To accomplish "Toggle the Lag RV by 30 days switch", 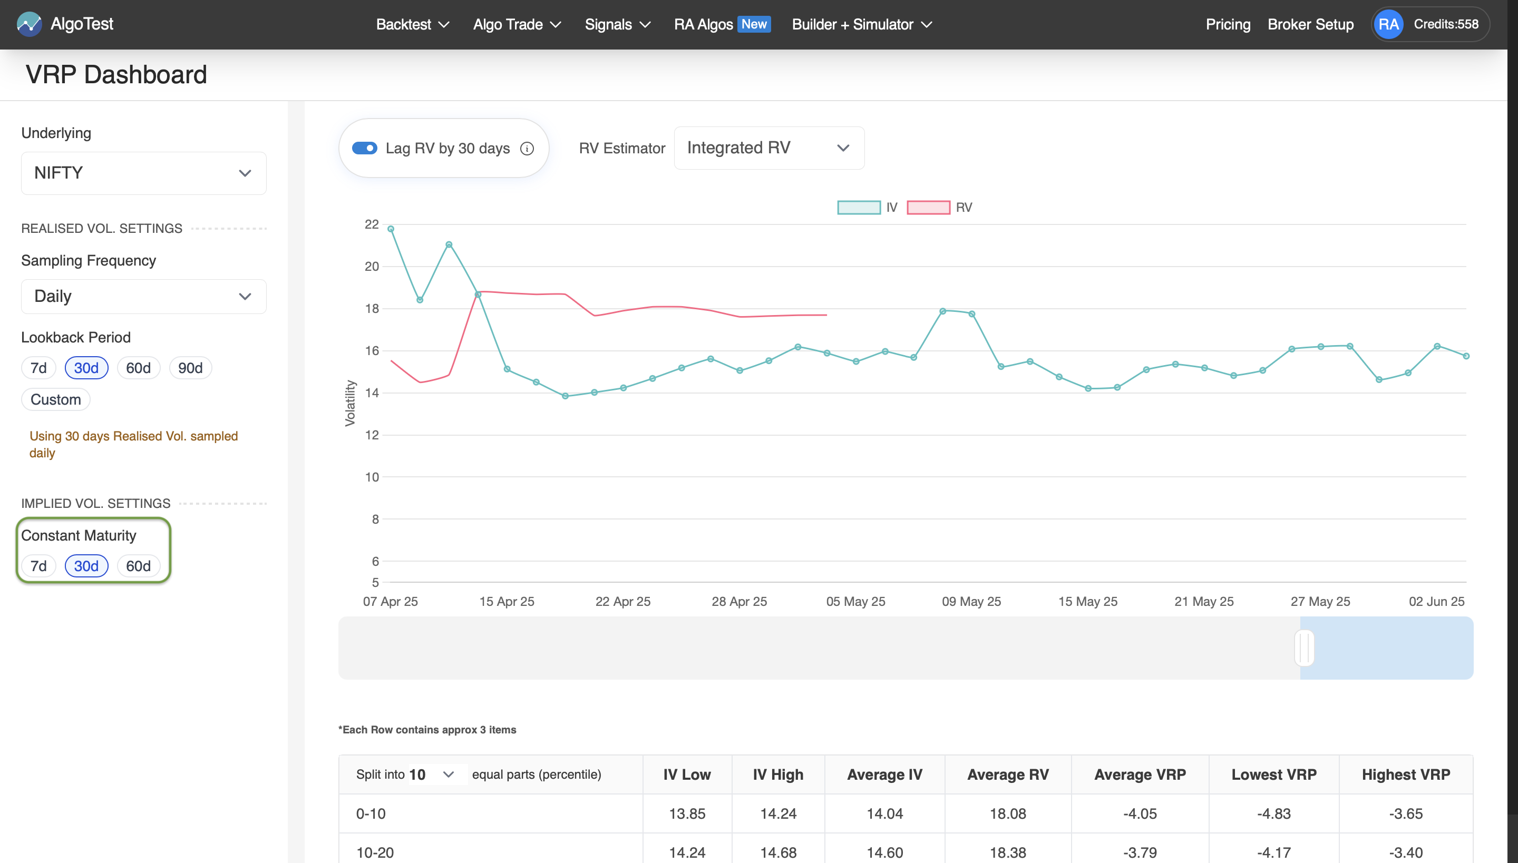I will (x=364, y=148).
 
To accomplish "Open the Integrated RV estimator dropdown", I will (x=768, y=148).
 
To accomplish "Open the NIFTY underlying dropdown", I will (x=143, y=173).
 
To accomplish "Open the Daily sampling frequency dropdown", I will (x=143, y=296).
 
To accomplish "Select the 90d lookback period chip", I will (x=190, y=368).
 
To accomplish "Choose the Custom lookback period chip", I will (x=56, y=399).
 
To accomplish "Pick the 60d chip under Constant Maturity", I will (x=138, y=566).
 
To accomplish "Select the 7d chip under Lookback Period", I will (x=38, y=368).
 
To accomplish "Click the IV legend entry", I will (x=867, y=208).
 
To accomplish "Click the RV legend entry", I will (x=939, y=208).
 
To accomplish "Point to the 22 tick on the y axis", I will (x=372, y=224).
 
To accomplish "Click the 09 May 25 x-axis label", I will (x=971, y=602).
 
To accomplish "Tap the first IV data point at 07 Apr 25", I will (x=391, y=229).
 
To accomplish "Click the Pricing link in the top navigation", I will (x=1228, y=24).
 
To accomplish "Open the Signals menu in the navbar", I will (x=617, y=24).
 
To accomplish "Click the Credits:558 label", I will (x=1446, y=24).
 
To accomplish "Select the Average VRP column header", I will (x=1140, y=774).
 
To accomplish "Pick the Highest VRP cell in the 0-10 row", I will (x=1405, y=814).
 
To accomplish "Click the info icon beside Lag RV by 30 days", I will (x=527, y=148).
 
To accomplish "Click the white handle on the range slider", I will (x=1304, y=648).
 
